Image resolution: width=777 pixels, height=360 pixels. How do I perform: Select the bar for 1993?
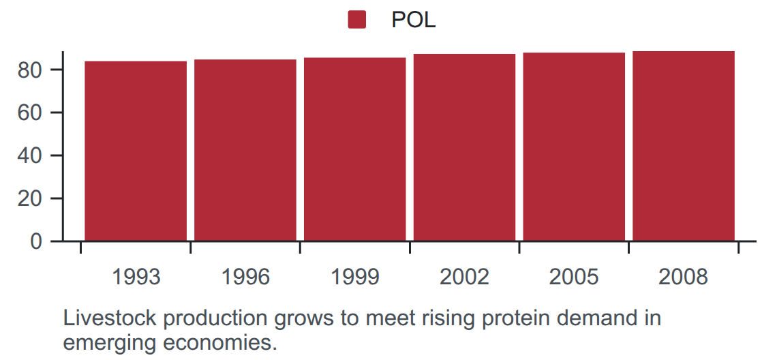pos(136,151)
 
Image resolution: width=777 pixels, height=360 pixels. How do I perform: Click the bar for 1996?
pos(245,150)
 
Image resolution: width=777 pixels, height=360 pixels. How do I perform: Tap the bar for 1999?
pos(355,149)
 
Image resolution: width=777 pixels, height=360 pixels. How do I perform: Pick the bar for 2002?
pos(464,147)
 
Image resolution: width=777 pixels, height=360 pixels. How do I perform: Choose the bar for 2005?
pos(574,147)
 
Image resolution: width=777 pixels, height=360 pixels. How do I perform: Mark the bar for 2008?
pos(684,147)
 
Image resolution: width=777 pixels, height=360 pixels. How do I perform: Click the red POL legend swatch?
pos(356,20)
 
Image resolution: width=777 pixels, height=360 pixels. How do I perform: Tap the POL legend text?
pos(413,20)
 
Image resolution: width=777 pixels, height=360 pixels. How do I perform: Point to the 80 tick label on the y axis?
pos(30,70)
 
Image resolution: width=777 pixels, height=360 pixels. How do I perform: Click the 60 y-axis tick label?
pos(30,112)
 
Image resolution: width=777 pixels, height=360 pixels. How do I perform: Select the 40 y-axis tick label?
pos(30,155)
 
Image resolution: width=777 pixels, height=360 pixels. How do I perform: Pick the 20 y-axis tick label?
pos(30,198)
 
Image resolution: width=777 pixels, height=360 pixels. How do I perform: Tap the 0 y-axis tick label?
pos(36,241)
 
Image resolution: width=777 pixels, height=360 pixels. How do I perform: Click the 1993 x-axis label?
pos(136,277)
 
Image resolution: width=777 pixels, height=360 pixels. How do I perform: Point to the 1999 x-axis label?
pos(355,277)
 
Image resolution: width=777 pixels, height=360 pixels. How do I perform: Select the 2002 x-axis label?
pos(464,277)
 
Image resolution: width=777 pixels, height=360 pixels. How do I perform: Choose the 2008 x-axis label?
pos(684,277)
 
